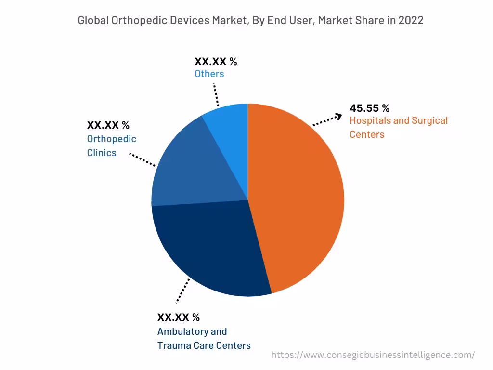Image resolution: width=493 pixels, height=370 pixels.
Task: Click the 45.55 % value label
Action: point(369,108)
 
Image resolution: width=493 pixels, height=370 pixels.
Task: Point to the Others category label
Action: point(209,74)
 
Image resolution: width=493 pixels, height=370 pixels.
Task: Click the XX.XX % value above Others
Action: point(216,61)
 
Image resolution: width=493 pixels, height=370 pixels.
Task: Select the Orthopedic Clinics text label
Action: point(111,145)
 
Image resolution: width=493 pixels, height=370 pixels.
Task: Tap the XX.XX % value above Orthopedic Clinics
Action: point(108,125)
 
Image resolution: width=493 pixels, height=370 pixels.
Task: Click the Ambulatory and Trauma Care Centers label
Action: point(204,338)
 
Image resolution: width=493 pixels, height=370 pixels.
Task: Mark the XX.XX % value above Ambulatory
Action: point(178,317)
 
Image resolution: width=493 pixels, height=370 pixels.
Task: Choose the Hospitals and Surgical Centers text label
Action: point(398,127)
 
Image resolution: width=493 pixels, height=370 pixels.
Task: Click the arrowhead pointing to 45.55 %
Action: point(338,116)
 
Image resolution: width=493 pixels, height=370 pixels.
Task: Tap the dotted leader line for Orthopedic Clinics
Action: point(143,160)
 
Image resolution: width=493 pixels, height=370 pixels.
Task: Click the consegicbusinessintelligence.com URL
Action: point(373,355)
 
